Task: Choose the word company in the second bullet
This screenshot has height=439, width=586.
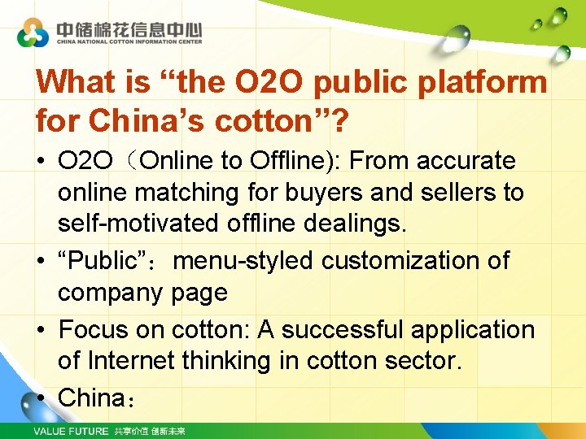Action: coord(111,292)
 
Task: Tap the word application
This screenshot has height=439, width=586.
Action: coord(475,329)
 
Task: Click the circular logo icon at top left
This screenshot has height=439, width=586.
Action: coord(33,32)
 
